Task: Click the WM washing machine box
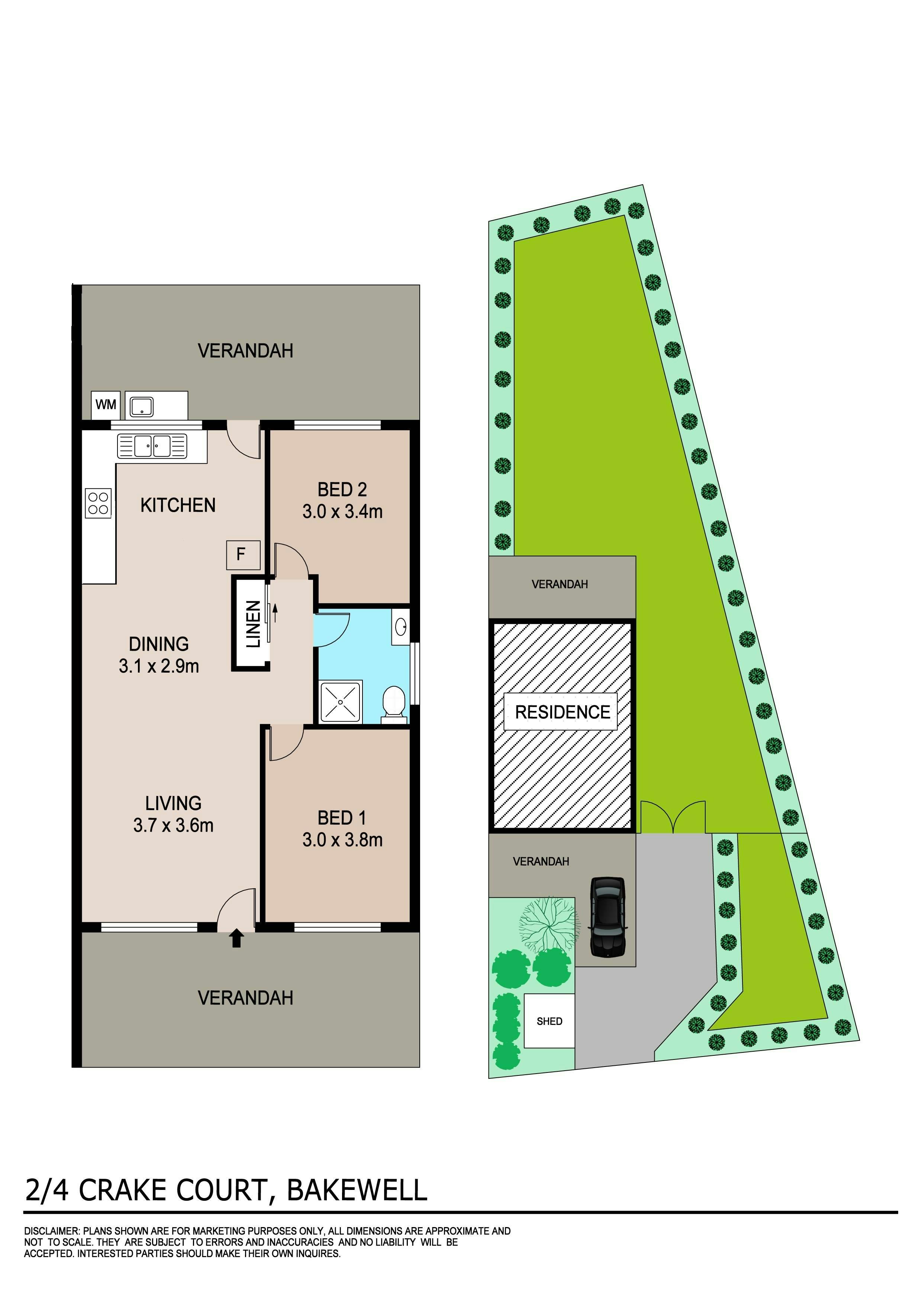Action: [106, 405]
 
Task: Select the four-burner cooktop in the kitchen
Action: [98, 503]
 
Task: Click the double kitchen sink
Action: [152, 446]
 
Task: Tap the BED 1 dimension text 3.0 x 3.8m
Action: [342, 839]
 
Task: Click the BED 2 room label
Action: [342, 489]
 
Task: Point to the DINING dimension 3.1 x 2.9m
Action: [159, 666]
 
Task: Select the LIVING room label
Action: [173, 803]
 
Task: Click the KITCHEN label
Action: [178, 505]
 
